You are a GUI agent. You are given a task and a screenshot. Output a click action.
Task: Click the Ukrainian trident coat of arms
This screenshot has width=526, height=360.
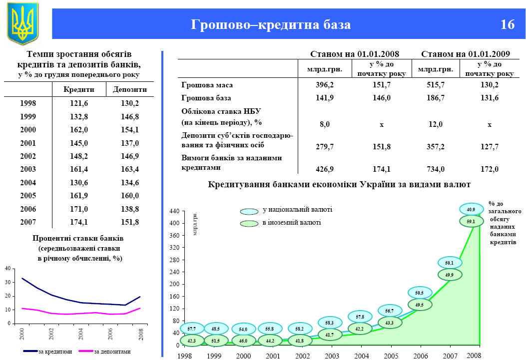pyautogui.click(x=22, y=23)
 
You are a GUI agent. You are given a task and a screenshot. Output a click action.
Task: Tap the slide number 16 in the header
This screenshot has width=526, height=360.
pyautogui.click(x=507, y=24)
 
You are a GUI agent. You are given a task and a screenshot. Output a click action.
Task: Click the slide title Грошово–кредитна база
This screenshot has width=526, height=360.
pyautogui.click(x=271, y=24)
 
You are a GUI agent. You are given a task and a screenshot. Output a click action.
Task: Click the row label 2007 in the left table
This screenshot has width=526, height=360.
pyautogui.click(x=28, y=222)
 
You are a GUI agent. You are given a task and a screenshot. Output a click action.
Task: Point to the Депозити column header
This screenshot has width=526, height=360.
pyautogui.click(x=130, y=89)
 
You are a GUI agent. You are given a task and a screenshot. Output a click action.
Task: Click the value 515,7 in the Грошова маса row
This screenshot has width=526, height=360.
pyautogui.click(x=433, y=85)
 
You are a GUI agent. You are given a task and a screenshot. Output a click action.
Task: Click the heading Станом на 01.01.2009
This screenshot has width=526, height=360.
pyautogui.click(x=466, y=54)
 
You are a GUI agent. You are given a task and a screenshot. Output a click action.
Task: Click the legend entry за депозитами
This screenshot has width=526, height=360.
pyautogui.click(x=112, y=352)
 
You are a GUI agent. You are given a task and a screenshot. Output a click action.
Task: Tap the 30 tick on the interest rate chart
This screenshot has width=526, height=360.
pyautogui.click(x=7, y=282)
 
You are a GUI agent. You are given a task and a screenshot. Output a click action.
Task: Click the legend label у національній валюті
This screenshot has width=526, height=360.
pyautogui.click(x=297, y=210)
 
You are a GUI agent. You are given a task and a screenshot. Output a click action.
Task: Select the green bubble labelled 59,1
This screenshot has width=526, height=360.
pyautogui.click(x=471, y=221)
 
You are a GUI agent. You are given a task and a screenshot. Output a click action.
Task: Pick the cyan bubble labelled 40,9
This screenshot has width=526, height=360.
pyautogui.click(x=471, y=209)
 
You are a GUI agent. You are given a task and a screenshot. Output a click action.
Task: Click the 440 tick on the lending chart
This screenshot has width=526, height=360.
pyautogui.click(x=173, y=212)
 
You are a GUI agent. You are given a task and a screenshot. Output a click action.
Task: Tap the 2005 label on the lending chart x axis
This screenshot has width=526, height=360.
pyautogui.click(x=392, y=356)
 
